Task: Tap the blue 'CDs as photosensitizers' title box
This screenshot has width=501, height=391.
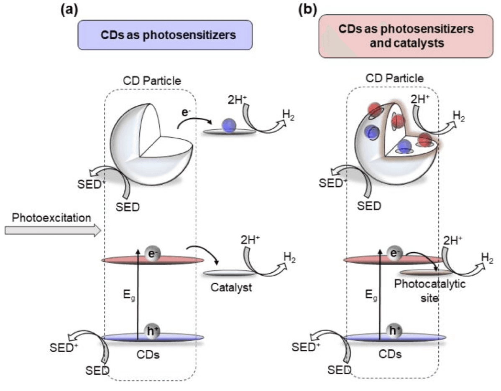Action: (x=165, y=35)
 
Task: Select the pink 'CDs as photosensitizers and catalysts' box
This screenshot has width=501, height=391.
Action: (x=406, y=36)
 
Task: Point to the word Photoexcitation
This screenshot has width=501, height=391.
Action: (x=51, y=218)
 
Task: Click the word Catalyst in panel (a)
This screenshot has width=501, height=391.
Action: (x=231, y=287)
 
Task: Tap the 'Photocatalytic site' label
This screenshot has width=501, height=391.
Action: (x=430, y=290)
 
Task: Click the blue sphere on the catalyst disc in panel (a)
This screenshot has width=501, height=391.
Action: (x=229, y=125)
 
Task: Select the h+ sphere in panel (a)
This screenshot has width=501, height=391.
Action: (x=153, y=331)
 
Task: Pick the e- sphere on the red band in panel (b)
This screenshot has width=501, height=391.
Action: (x=395, y=254)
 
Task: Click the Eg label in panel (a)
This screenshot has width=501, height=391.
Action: (x=129, y=295)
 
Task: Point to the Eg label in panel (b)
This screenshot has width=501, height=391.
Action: (x=371, y=295)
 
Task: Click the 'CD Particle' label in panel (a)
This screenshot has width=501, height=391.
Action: (x=152, y=81)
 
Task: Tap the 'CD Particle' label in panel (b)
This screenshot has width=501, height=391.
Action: (x=395, y=78)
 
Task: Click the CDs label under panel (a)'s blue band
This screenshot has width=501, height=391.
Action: (x=148, y=355)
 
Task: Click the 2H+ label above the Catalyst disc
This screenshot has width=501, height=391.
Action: (x=250, y=239)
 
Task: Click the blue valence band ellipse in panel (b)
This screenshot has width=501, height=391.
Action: (x=395, y=338)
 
